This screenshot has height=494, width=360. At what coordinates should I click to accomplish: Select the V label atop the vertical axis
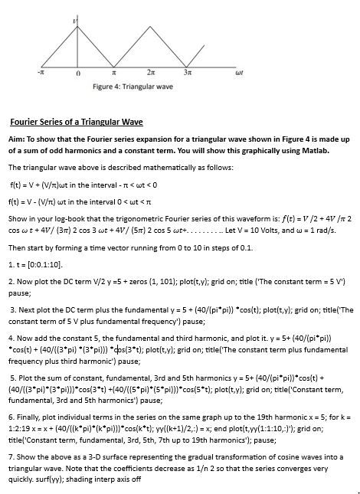(x=74, y=16)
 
